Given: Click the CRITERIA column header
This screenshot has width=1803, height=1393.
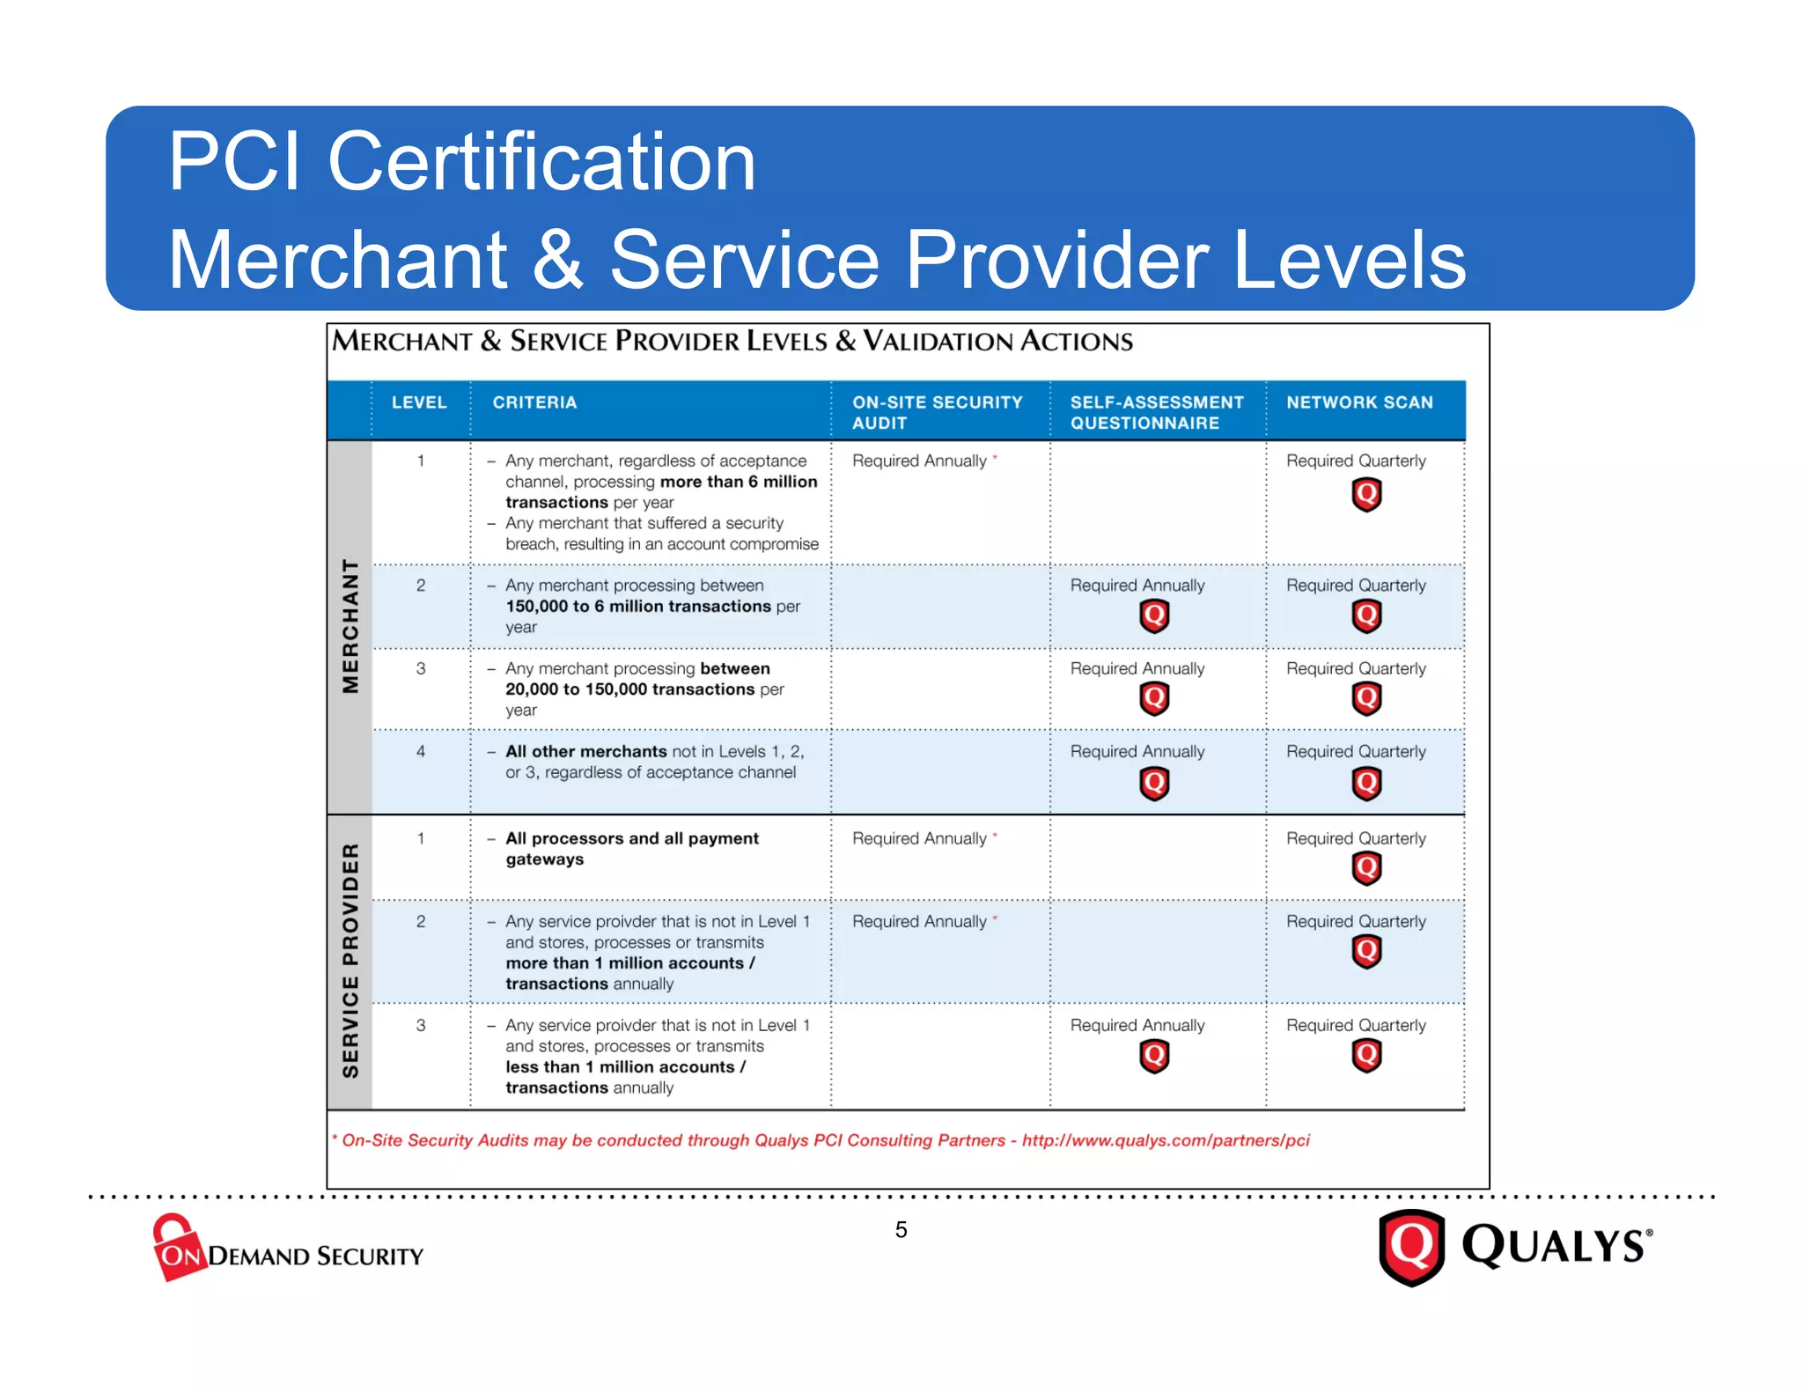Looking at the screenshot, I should pos(534,402).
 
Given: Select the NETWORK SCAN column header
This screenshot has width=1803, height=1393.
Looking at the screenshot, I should pos(1359,402).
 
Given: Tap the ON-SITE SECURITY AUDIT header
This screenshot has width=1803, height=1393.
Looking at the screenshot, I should pos(937,412).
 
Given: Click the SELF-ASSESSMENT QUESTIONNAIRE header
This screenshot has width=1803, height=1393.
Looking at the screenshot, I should pos(1156,412).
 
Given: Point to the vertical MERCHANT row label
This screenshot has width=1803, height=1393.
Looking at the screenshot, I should pos(350,626).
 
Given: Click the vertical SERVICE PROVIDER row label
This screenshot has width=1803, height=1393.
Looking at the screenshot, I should pos(350,961).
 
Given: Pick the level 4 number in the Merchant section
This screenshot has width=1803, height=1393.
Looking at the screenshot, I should pos(421,751).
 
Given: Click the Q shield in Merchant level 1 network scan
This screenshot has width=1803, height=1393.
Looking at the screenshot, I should pos(1366,495).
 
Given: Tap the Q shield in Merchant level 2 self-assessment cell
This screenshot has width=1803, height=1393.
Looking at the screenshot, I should pos(1154,615).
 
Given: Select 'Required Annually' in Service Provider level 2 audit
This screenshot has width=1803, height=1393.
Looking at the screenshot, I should pos(919,922).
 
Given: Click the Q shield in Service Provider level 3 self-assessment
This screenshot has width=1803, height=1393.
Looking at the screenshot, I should pos(1154,1056).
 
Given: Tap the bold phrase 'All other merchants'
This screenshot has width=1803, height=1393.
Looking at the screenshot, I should pos(585,751).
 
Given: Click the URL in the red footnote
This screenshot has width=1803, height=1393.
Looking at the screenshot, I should pos(1166,1140).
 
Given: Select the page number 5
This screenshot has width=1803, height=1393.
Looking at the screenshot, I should pos(901,1229).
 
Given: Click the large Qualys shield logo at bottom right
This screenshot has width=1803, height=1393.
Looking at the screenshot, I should pos(1411,1247).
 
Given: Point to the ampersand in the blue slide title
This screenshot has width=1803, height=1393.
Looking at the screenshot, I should pos(557,259).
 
